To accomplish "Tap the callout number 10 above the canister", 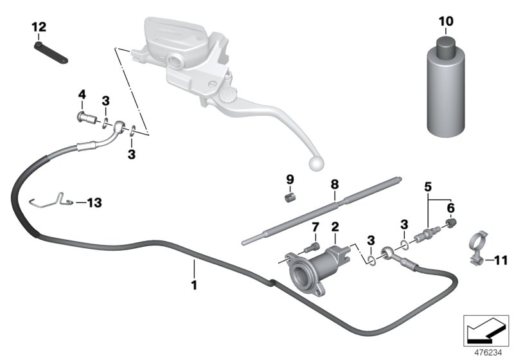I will (446, 21).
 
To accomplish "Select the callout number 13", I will (94, 203).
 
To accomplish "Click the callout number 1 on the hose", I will (193, 282).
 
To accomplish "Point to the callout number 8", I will (333, 184).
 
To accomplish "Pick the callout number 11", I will (501, 260).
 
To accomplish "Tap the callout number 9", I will (289, 178).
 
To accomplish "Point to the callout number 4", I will (82, 95).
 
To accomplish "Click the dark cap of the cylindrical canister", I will (446, 48).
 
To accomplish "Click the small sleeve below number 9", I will (290, 195).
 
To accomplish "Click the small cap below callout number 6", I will (452, 222).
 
